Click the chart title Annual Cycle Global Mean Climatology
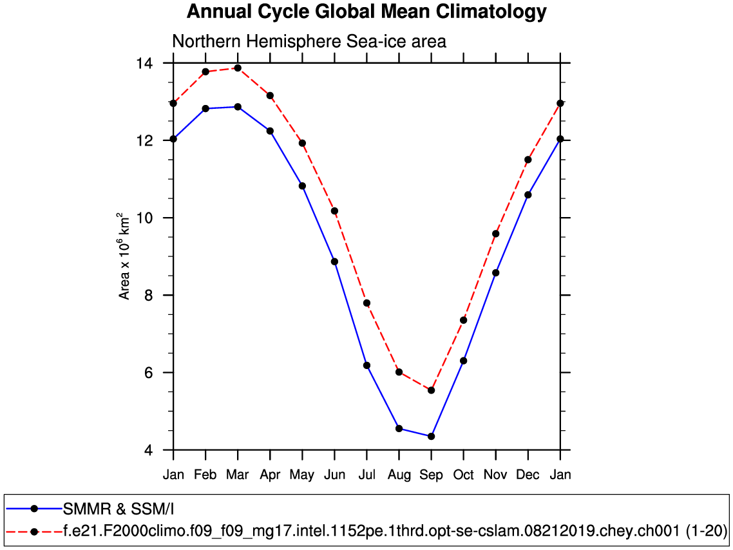pos(366,12)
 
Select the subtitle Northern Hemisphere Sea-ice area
pos(309,42)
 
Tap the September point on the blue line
pos(431,436)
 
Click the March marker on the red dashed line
pos(238,68)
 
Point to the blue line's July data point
pos(366,365)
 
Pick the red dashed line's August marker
pos(399,372)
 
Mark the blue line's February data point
pos(205,108)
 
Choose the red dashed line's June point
pos(334,211)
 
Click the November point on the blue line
pos(495,272)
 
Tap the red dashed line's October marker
pos(463,320)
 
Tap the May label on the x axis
pos(302,475)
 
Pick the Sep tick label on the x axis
pos(431,475)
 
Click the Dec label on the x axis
pos(528,475)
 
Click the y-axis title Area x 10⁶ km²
pos(124,256)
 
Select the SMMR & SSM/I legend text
pos(119,509)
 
